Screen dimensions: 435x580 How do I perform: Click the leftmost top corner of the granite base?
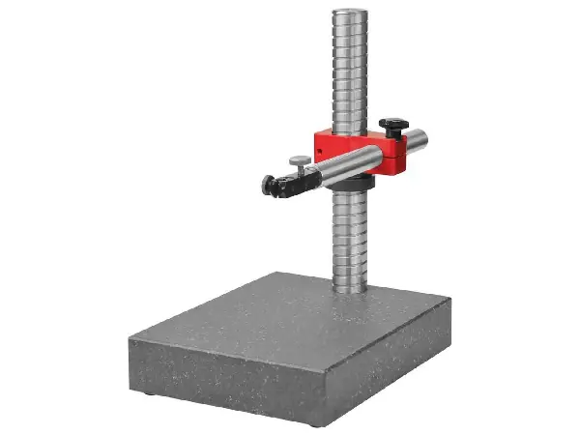[130, 333]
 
